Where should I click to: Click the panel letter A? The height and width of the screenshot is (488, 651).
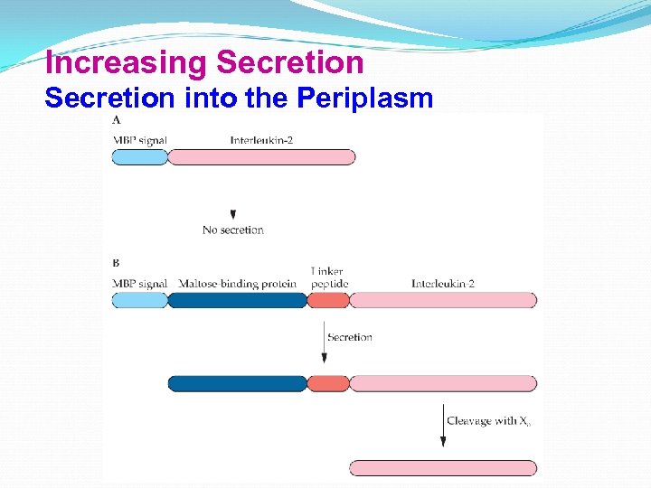click(117, 119)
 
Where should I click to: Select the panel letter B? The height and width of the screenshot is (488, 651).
click(116, 263)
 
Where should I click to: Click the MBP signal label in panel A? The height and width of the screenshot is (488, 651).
click(139, 140)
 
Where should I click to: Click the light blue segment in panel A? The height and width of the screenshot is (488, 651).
click(140, 157)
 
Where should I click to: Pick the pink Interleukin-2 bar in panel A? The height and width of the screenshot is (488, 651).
click(261, 157)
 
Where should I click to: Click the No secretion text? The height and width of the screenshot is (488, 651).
click(233, 230)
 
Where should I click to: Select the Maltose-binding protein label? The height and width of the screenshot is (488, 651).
click(237, 284)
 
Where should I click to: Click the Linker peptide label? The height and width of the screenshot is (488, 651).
click(327, 277)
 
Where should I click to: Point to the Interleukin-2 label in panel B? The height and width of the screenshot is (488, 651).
click(443, 284)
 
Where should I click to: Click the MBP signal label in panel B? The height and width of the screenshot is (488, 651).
click(139, 284)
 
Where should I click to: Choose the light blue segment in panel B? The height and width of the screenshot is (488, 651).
click(140, 300)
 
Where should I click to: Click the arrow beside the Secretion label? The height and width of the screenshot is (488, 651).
click(324, 343)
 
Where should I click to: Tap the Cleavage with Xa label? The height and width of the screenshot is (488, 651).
click(488, 421)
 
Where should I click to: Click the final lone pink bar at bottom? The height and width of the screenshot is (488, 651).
click(443, 467)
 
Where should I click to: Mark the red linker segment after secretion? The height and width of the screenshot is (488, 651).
click(327, 383)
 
